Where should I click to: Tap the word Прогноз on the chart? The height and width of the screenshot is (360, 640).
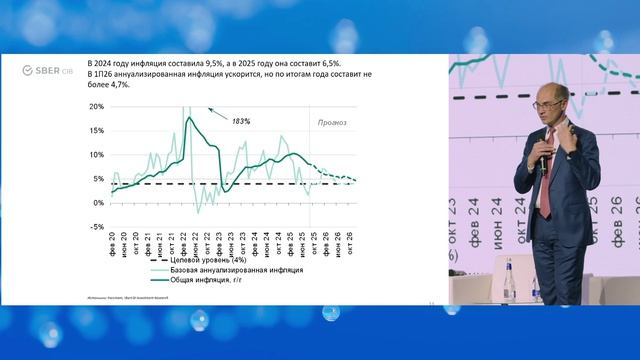point(332,123)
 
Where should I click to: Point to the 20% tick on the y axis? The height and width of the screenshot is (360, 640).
point(96,107)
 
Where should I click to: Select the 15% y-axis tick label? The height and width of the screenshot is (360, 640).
point(96,131)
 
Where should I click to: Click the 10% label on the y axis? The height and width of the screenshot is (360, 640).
point(96,155)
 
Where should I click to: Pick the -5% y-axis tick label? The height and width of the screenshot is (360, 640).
point(97,227)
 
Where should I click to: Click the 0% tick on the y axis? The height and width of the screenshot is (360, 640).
point(98,203)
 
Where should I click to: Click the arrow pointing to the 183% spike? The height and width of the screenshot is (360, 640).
point(212,112)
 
